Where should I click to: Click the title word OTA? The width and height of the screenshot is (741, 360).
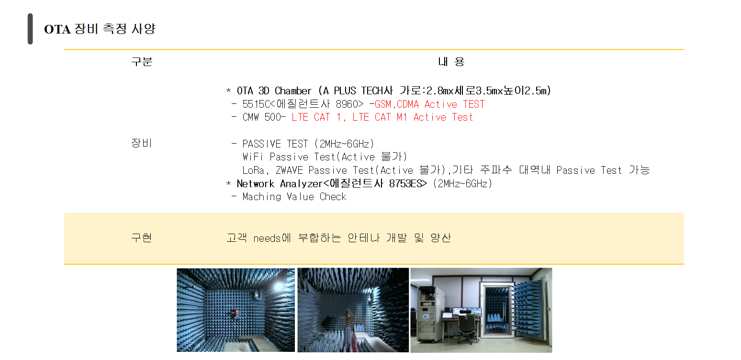click(57, 29)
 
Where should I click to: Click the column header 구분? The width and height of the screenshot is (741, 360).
click(142, 62)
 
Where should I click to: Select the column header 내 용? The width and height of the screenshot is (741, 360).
click(451, 62)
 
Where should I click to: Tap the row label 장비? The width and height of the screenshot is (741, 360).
click(142, 143)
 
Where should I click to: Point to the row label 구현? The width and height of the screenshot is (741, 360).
click(142, 237)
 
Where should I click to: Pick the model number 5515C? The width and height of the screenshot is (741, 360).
click(256, 104)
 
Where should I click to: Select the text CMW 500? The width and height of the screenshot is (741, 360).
click(262, 117)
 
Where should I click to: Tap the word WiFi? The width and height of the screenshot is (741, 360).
click(253, 157)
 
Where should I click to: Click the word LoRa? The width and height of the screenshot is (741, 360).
click(253, 170)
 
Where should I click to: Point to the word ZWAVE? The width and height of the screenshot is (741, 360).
click(290, 170)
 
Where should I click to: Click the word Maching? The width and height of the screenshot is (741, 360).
click(262, 197)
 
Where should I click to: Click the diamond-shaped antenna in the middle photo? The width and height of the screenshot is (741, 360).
click(348, 318)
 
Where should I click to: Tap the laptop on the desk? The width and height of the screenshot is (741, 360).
click(447, 315)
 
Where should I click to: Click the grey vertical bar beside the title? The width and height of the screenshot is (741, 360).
click(30, 29)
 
